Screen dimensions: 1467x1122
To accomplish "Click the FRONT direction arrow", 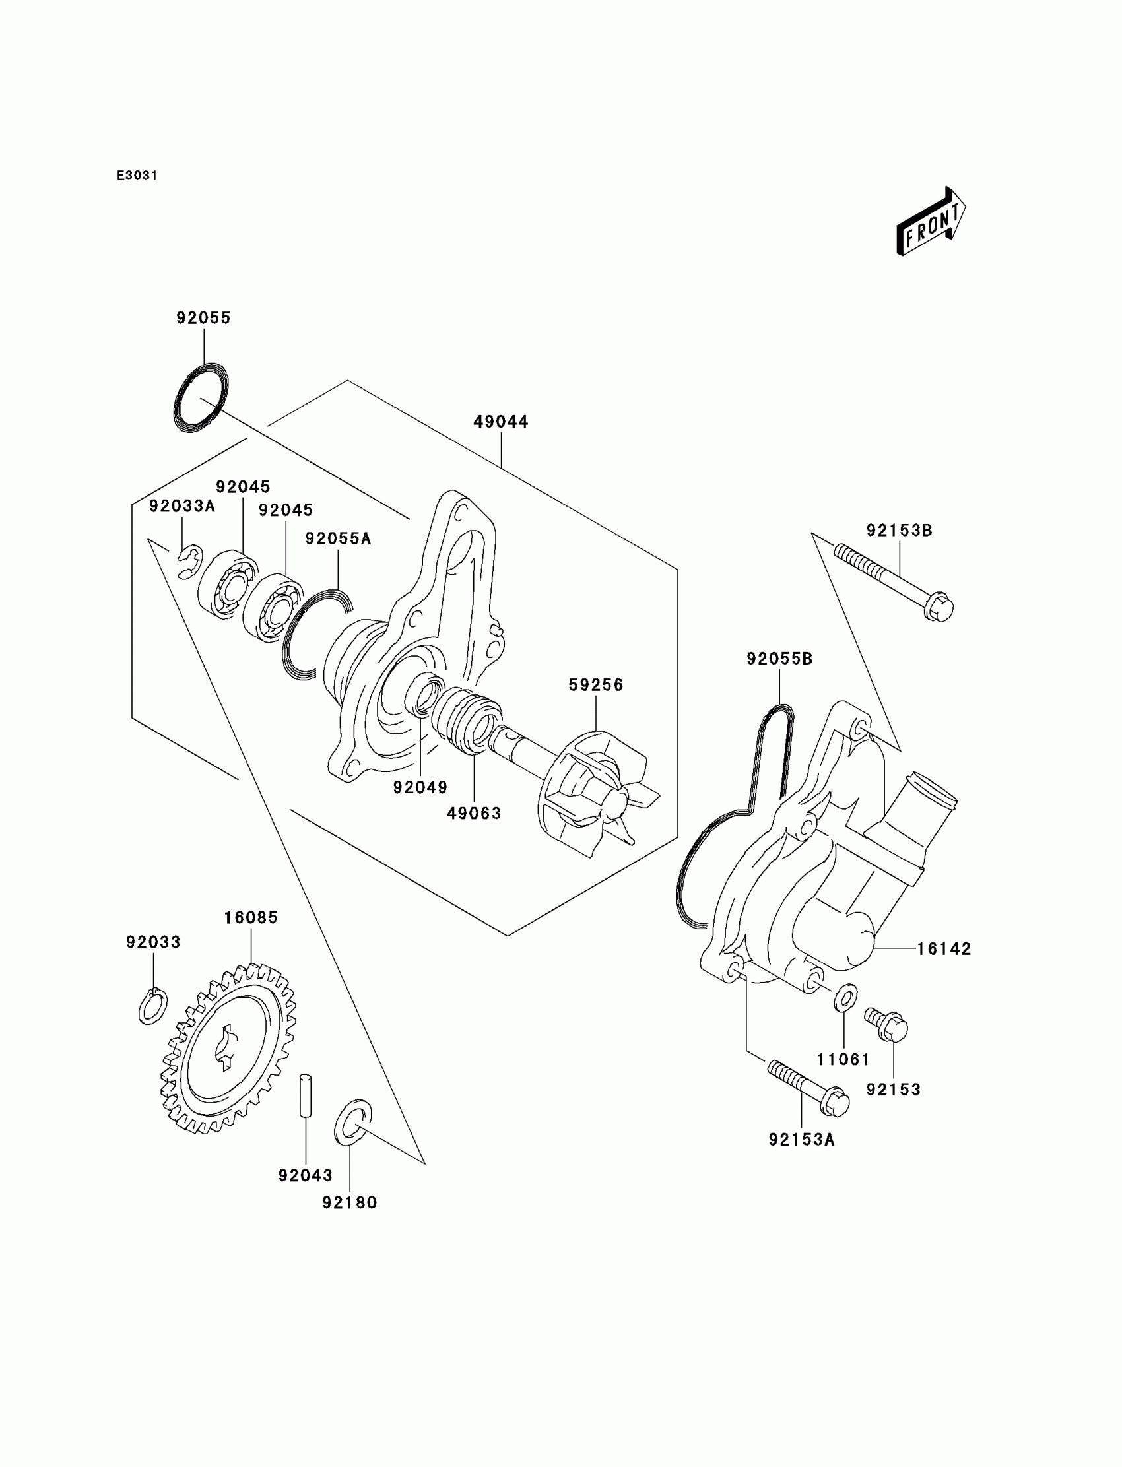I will coord(931,222).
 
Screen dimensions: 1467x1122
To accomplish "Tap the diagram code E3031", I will coord(137,176).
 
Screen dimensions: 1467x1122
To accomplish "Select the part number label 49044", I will coord(501,422).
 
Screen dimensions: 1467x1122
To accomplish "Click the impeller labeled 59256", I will coord(595,795).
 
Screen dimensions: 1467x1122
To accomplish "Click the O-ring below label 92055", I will coord(201,398).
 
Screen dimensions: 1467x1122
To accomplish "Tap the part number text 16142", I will coord(944,949).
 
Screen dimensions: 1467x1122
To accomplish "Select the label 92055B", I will coord(779,659).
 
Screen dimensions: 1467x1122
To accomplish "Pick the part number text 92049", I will coord(420,788).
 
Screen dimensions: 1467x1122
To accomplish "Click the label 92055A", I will coord(338,539).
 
